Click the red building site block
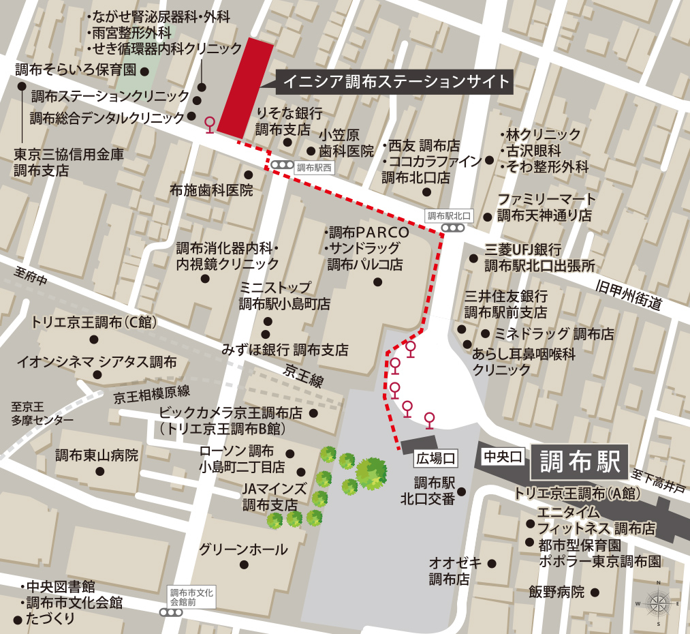pyautogui.click(x=245, y=87)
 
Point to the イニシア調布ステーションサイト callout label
pyautogui.click(x=396, y=82)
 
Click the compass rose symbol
pyautogui.click(x=659, y=603)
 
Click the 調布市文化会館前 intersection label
pyautogui.click(x=191, y=597)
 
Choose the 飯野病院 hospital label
pyautogui.click(x=556, y=592)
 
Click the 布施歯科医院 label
pyautogui.click(x=212, y=190)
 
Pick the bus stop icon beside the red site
pyautogui.click(x=210, y=123)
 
